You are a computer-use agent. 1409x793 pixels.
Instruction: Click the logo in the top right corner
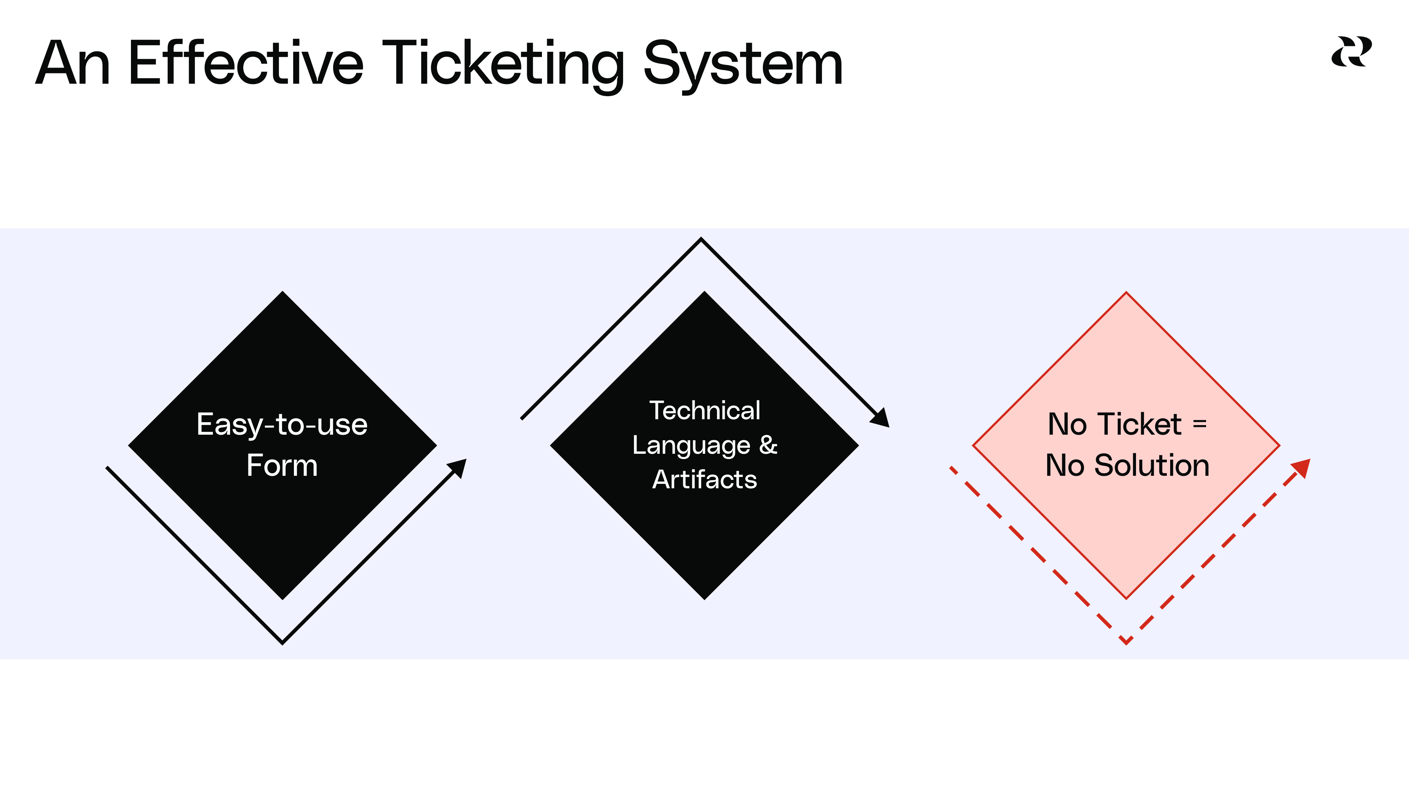1351,52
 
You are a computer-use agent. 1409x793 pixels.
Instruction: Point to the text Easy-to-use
282,425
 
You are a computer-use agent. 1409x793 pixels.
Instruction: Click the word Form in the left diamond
282,466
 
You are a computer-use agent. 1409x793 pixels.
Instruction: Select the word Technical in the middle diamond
704,410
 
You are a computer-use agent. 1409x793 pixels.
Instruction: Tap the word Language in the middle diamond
691,445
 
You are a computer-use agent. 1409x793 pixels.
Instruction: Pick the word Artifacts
704,479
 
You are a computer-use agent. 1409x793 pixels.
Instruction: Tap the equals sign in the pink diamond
1199,424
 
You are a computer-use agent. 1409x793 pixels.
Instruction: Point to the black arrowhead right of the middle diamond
881,419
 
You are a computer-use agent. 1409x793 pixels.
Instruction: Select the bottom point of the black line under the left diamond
282,642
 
